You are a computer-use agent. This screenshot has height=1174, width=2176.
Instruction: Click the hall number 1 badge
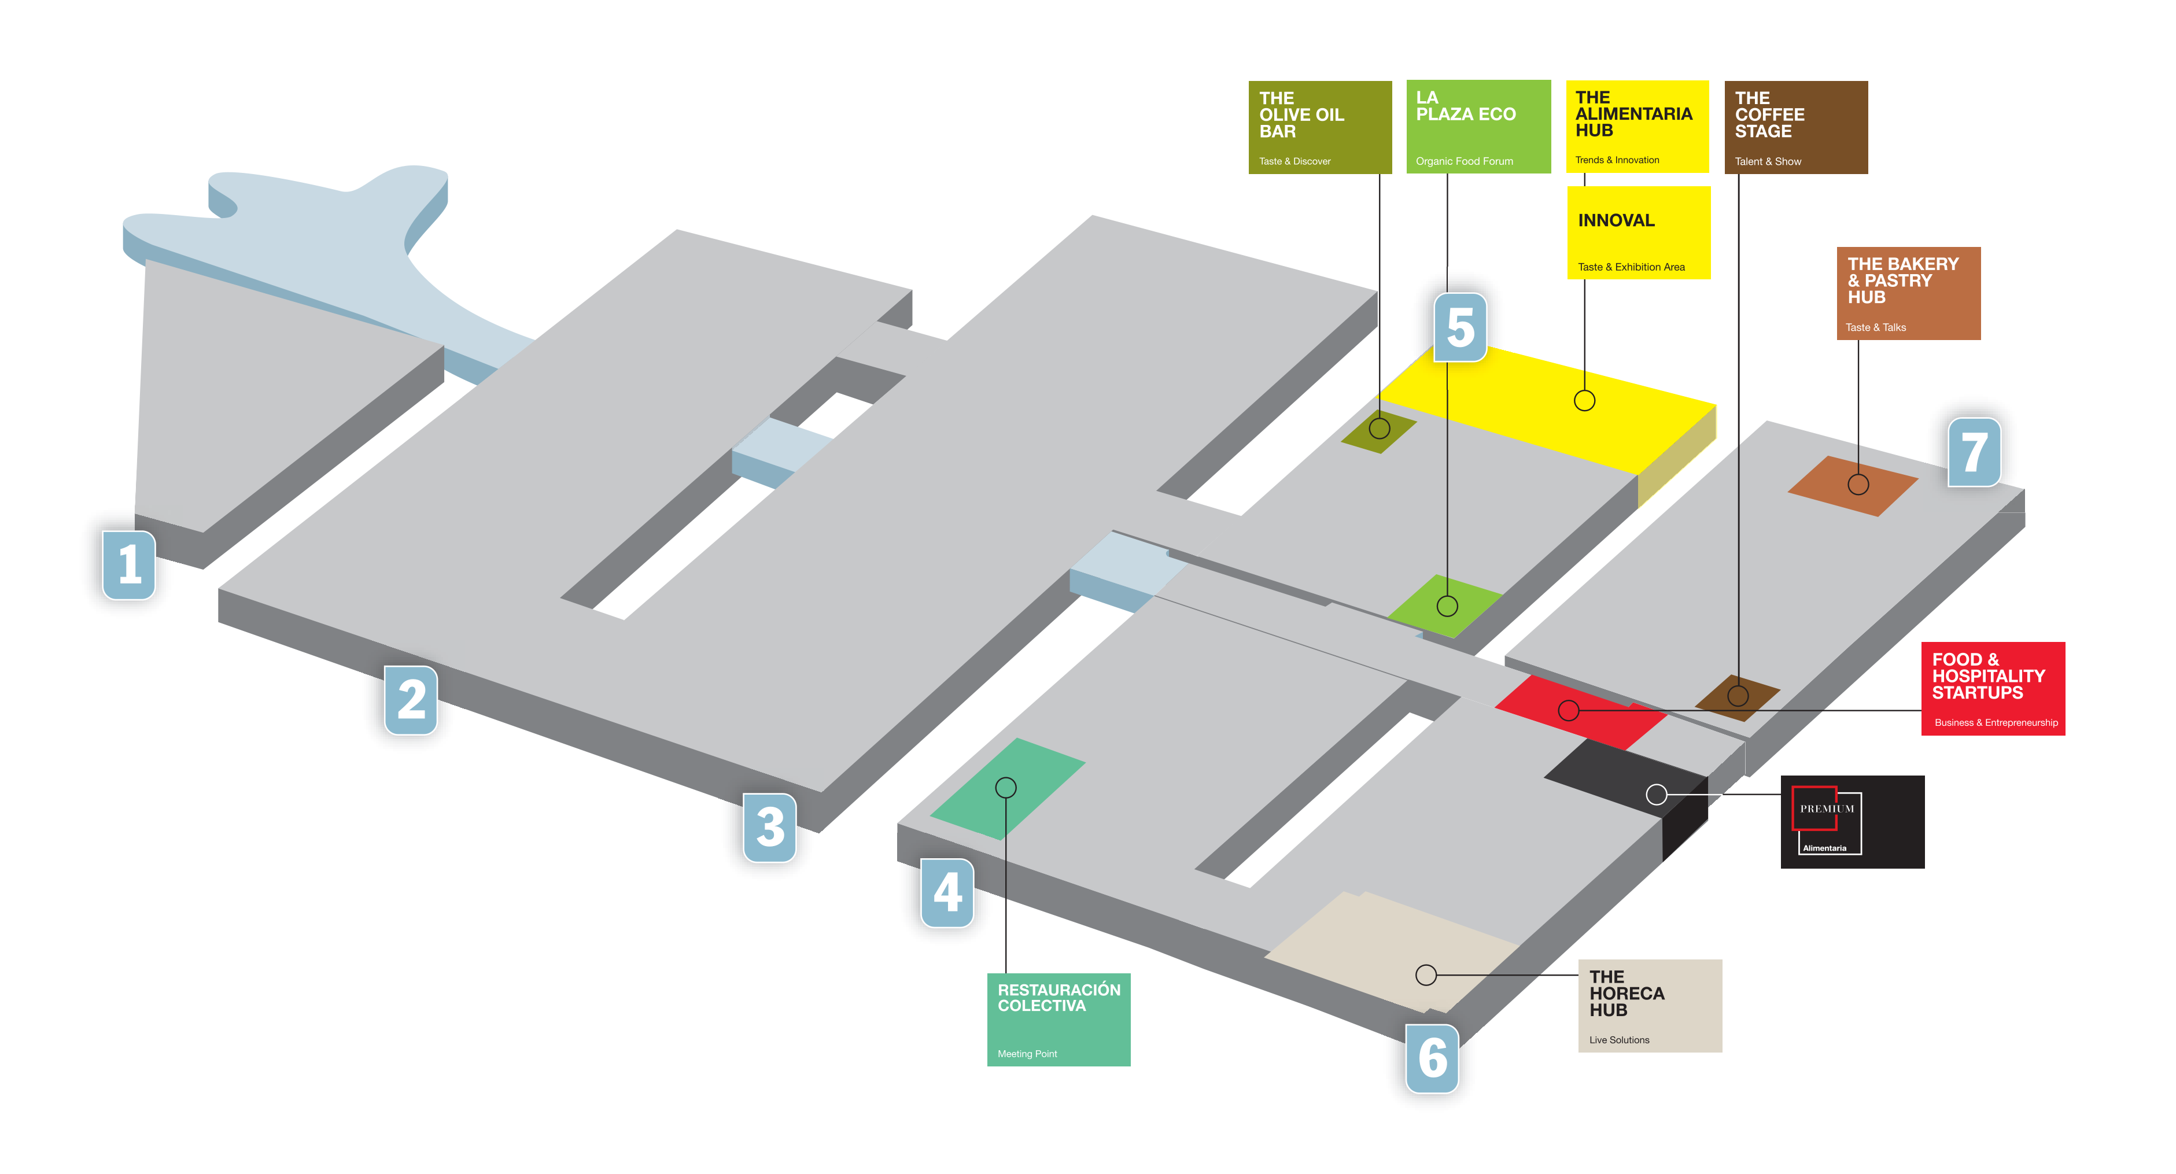tap(128, 565)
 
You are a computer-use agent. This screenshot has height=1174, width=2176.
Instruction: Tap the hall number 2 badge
tap(411, 699)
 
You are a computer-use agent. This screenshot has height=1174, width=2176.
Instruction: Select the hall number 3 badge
tap(769, 827)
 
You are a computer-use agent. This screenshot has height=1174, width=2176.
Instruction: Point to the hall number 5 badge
tap(1460, 327)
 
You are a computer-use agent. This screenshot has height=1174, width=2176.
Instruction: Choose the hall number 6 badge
tap(1432, 1057)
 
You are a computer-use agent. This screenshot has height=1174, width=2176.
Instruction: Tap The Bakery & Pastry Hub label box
tap(1908, 293)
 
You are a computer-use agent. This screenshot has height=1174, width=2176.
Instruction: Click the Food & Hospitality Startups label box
tap(1993, 688)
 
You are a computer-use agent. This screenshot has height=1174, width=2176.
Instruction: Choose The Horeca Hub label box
tap(1650, 1005)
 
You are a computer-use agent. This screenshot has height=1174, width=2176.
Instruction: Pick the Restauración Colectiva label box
tap(1059, 1020)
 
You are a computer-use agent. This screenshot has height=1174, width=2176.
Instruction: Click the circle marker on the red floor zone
tap(1569, 710)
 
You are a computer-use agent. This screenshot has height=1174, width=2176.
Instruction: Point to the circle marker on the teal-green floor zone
tap(1005, 787)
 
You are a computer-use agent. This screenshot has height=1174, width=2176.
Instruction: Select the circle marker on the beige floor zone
tap(1426, 974)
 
